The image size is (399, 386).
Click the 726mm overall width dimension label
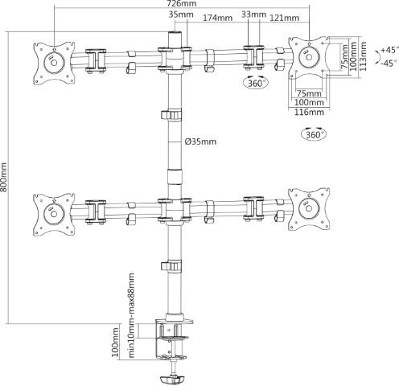tap(182, 3)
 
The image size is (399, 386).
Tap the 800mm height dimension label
tap(3, 177)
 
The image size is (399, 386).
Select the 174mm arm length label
tap(217, 18)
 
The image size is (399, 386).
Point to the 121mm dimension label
tap(284, 18)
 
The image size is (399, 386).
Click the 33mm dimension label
tap(253, 14)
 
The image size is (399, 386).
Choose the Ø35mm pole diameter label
tap(200, 142)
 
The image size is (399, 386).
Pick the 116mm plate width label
tap(309, 112)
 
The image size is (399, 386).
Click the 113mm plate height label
tap(363, 56)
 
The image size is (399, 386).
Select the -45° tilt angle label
tap(389, 64)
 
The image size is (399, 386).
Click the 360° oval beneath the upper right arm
tap(256, 83)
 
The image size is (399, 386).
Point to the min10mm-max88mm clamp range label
tap(131, 315)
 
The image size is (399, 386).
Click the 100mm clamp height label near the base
tap(115, 342)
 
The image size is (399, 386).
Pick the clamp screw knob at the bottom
tap(173, 380)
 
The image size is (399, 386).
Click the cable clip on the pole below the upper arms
tap(171, 115)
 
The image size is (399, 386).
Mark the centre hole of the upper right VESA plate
tap(309, 57)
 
